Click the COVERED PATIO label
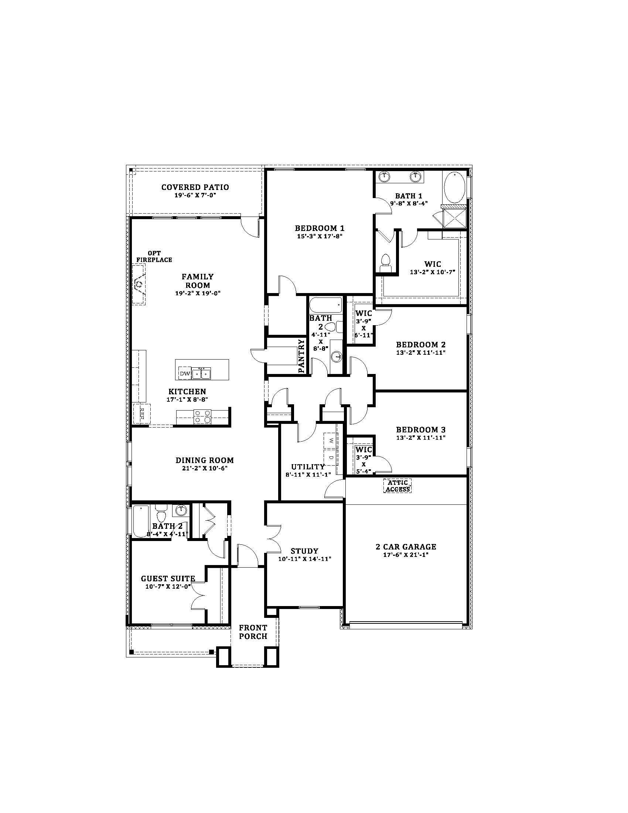coord(195,187)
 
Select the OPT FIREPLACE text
coord(154,256)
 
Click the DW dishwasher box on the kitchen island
coord(185,373)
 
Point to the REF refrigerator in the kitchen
coord(142,413)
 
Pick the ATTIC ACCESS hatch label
coord(397,486)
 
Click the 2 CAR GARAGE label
coord(406,547)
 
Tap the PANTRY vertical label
coord(301,356)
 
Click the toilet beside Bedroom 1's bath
coord(386,262)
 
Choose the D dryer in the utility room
coord(330,457)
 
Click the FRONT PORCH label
coord(253,632)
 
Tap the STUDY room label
coord(304,551)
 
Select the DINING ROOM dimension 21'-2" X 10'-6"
coord(205,468)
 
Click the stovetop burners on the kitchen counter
coord(202,416)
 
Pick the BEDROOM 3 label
coord(421,429)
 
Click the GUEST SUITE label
coord(168,578)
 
